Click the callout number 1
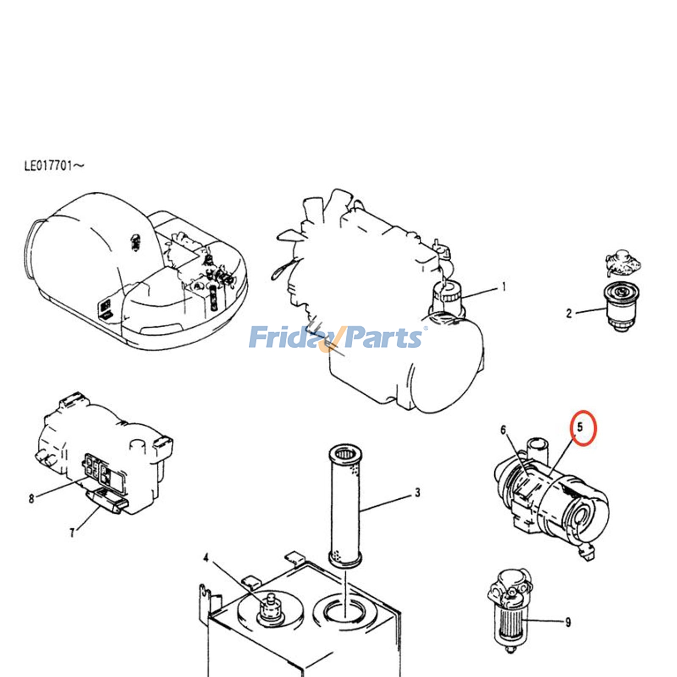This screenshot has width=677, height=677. (x=504, y=287)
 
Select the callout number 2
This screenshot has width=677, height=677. (x=569, y=314)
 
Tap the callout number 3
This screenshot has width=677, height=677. (x=418, y=493)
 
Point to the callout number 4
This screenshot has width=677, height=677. (x=206, y=559)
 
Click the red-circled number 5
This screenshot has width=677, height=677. (x=581, y=427)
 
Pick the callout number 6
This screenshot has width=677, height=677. (x=503, y=430)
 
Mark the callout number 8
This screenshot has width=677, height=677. (x=31, y=498)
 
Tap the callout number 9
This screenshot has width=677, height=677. (x=568, y=622)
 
